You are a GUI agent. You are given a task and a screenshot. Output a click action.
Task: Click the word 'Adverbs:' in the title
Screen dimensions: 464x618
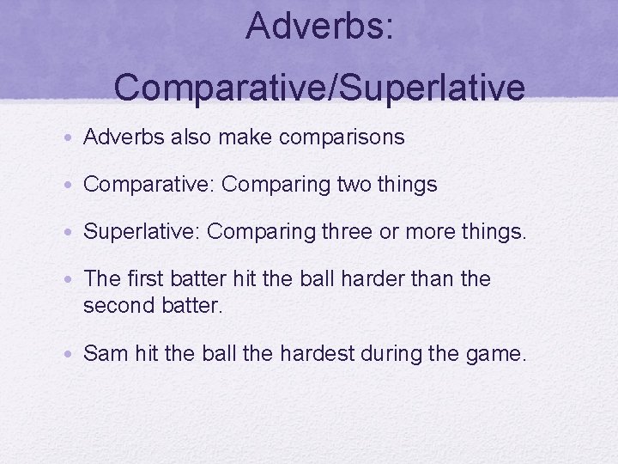click(319, 26)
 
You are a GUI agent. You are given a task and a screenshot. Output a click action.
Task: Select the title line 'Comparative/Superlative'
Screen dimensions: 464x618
click(319, 87)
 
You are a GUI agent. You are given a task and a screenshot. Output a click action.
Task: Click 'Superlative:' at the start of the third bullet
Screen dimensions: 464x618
click(142, 232)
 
